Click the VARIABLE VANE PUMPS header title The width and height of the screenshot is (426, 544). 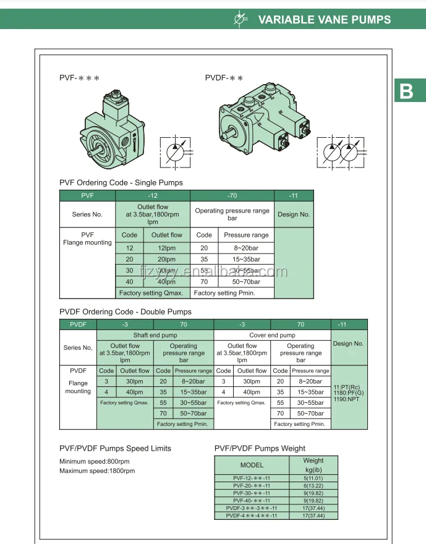tap(324, 19)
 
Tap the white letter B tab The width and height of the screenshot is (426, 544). tap(406, 91)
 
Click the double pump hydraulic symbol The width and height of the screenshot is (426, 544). tap(341, 152)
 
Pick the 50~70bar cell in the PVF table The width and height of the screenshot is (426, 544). tap(246, 282)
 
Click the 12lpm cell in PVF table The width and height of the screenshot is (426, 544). tap(167, 248)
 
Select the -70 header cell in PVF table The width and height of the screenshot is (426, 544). tap(232, 195)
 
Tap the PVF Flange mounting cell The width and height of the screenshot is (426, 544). tap(87, 239)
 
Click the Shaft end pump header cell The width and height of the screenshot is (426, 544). tap(155, 335)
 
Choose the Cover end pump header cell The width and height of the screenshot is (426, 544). tap(273, 335)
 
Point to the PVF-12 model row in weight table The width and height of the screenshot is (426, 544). tap(252, 478)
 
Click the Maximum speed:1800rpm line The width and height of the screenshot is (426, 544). tap(97, 471)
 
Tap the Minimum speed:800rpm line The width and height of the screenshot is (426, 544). tap(95, 462)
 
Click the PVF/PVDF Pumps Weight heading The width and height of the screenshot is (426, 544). tap(260, 448)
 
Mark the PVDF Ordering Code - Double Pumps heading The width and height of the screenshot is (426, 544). tap(126, 312)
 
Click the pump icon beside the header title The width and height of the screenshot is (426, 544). tap(241, 19)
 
